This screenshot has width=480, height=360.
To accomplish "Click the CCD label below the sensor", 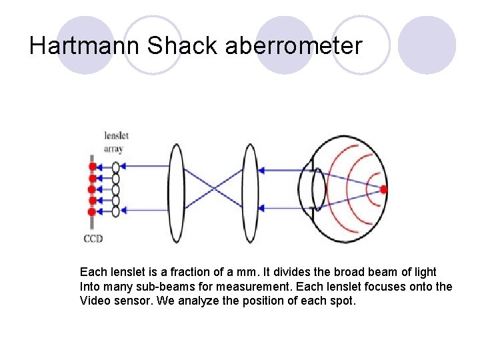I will [x=93, y=238].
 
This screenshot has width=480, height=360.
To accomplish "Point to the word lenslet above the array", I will [x=116, y=136].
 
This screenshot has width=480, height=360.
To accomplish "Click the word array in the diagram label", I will [x=114, y=148].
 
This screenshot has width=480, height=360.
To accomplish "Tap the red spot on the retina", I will [x=383, y=189].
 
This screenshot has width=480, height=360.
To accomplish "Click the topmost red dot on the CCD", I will [x=93, y=167].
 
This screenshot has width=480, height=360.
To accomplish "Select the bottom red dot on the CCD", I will [x=93, y=211].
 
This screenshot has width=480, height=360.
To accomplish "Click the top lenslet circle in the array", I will [x=116, y=167].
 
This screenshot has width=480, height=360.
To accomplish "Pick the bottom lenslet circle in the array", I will [x=116, y=211].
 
